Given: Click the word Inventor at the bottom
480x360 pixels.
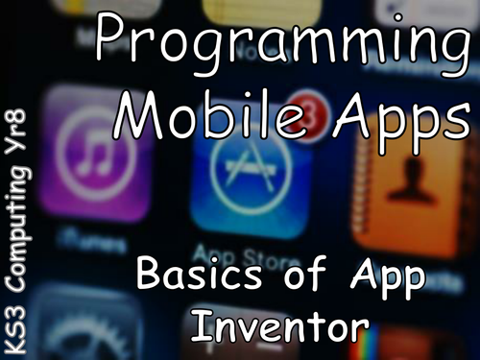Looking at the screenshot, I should (279, 325).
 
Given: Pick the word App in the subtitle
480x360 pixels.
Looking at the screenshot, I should (390, 279).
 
